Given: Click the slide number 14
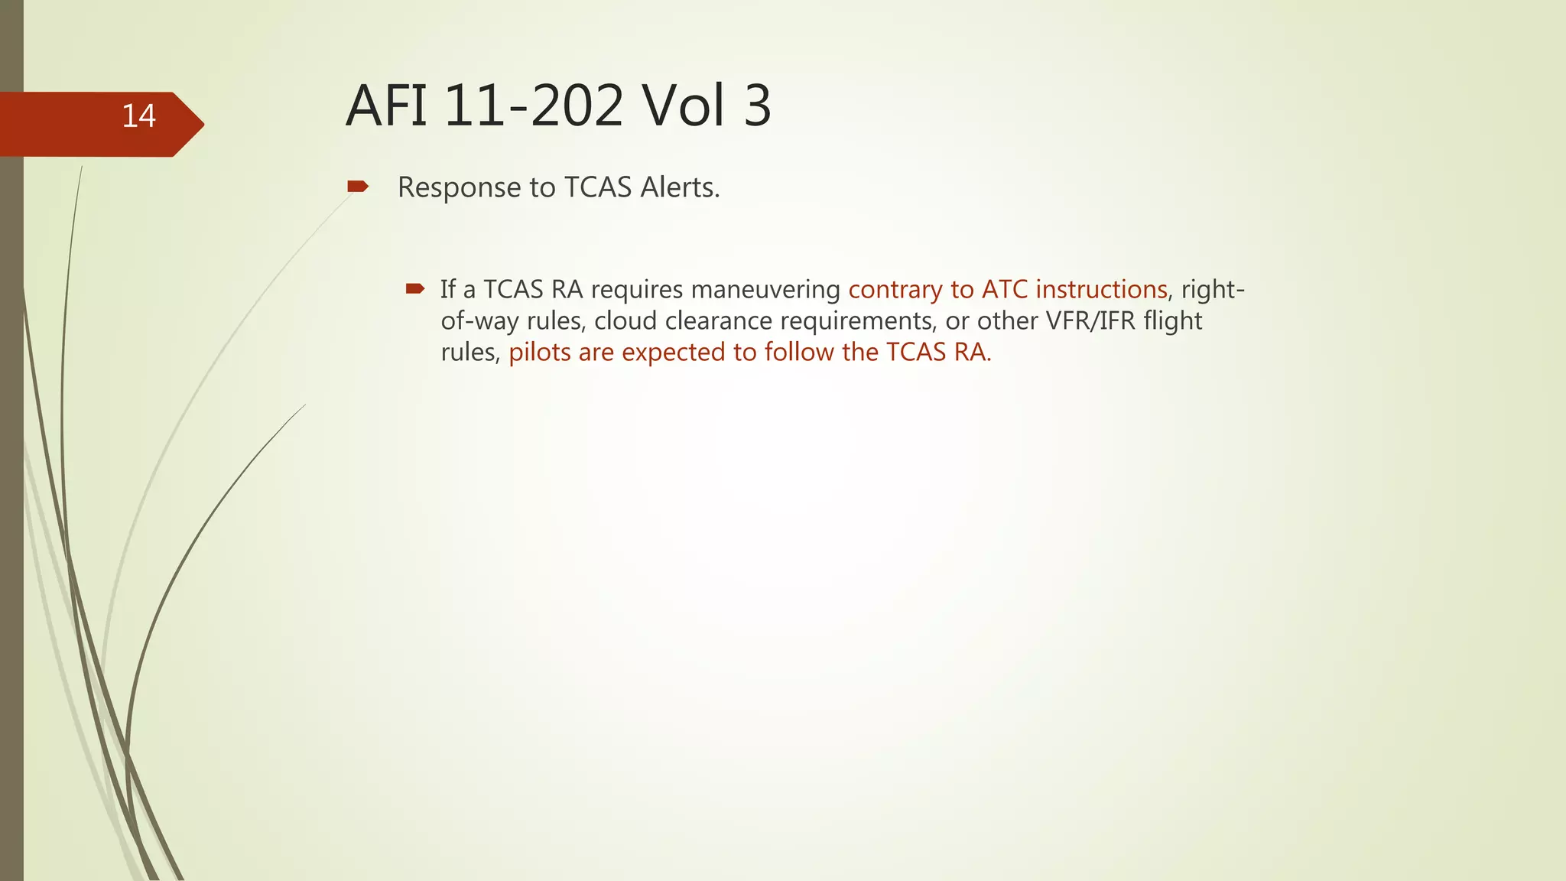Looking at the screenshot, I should coord(138,116).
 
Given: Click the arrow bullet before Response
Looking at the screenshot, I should coord(357,187).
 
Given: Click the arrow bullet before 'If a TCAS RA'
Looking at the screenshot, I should coord(415,289).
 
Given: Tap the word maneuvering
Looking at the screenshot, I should coord(765,290).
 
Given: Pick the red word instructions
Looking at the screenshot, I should coord(1101,290).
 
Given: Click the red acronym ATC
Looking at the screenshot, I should coord(1005,290).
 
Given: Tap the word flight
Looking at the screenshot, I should coord(1173,321).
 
